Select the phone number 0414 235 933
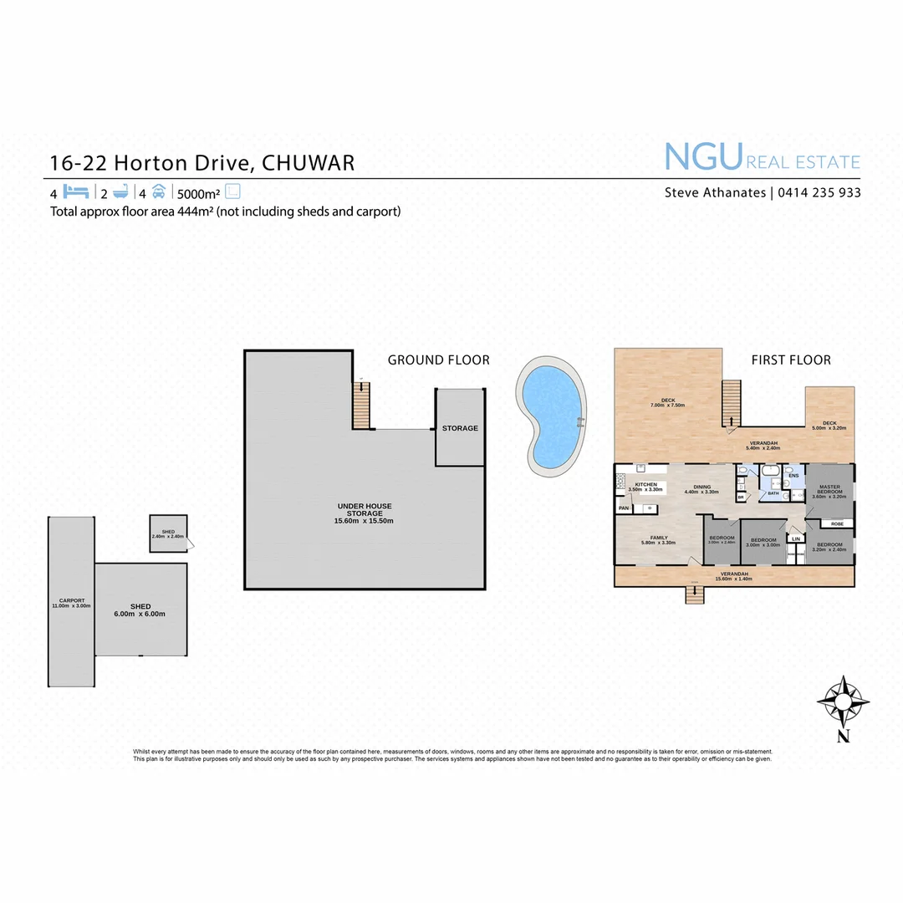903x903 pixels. (x=819, y=192)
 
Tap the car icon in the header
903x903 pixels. (x=159, y=191)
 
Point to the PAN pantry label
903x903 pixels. (x=624, y=508)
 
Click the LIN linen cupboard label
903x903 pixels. (x=796, y=539)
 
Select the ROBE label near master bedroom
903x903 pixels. (x=836, y=523)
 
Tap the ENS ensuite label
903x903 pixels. (x=793, y=476)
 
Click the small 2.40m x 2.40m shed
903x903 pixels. (x=168, y=534)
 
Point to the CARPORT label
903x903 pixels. (x=71, y=601)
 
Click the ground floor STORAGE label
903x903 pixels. (x=460, y=428)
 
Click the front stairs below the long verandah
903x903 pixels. (x=694, y=594)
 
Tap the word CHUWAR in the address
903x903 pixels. (x=309, y=162)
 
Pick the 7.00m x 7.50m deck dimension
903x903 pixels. (x=668, y=406)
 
